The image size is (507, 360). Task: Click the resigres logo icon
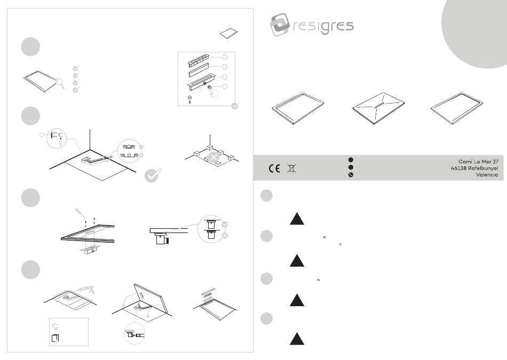280,25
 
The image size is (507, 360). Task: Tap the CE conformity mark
274,169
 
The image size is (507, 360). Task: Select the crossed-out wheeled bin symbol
291,169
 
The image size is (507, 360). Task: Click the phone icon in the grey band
351,175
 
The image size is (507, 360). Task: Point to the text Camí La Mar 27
478,161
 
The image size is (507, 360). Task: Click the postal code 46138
458,168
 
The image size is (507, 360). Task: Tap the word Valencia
487,175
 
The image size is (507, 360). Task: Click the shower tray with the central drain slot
378,108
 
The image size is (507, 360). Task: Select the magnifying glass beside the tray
60,83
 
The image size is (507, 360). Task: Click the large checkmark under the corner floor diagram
153,175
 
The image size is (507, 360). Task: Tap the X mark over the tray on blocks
213,158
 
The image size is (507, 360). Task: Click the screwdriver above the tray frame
80,213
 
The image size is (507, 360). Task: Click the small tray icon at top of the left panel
228,33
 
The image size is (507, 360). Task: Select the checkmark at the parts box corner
235,106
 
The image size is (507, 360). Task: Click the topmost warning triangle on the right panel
297,219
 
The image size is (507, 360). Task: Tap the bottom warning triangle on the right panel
297,339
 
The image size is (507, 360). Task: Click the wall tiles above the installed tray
208,295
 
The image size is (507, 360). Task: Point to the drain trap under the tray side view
161,239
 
